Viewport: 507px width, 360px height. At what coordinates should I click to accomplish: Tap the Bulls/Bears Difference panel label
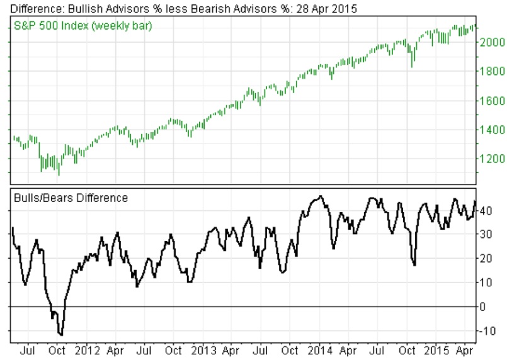[71, 198]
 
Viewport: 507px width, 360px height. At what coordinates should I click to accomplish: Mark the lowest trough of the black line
[60, 334]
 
